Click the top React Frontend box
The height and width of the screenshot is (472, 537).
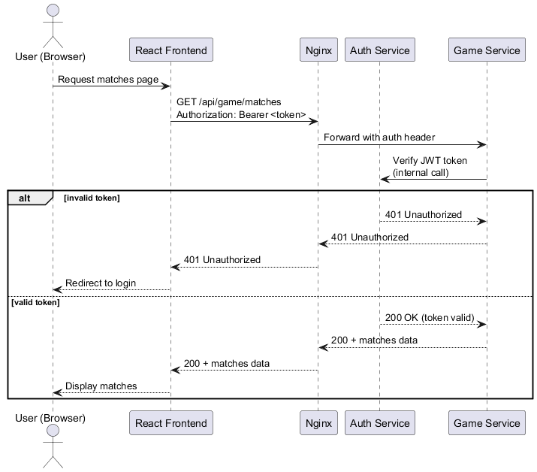tap(170, 50)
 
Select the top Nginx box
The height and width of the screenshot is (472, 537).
tap(318, 50)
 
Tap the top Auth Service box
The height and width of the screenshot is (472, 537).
tap(379, 50)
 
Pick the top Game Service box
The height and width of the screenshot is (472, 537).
tap(487, 50)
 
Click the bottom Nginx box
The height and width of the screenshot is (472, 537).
tap(318, 423)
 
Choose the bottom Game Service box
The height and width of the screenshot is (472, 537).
tap(487, 423)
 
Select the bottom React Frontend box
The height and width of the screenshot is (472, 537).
tap(170, 423)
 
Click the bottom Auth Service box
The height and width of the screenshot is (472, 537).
tap(379, 423)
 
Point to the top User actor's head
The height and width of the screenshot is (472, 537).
tap(53, 11)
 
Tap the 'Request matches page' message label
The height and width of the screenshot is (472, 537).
tap(108, 79)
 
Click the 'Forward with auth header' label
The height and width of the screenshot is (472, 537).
tap(379, 138)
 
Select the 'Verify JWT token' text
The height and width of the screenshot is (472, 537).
tap(430, 161)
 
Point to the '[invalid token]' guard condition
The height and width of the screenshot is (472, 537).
tap(92, 198)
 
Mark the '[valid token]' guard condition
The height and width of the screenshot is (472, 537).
tap(35, 302)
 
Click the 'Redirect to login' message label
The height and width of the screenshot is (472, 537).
tap(101, 283)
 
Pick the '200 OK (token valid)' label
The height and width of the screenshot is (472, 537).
tap(430, 317)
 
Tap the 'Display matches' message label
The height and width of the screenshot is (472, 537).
tap(101, 386)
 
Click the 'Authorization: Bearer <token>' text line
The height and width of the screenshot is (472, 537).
tap(241, 115)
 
